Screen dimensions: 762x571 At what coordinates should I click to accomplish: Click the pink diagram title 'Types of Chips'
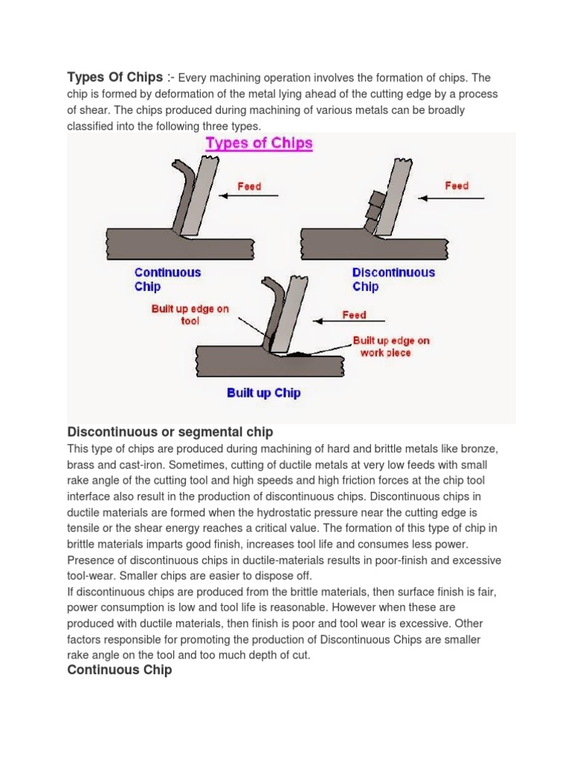tap(259, 143)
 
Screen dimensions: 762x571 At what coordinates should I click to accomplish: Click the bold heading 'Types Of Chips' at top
tap(114, 77)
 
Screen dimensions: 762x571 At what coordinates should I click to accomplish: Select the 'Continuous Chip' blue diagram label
tap(167, 279)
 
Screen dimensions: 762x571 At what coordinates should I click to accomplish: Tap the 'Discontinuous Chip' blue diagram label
tap(393, 279)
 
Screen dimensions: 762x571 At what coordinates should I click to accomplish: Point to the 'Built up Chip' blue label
tap(263, 393)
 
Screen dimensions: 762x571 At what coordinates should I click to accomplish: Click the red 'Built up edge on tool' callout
tap(190, 315)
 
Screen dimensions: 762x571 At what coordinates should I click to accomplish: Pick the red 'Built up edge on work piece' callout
tap(391, 346)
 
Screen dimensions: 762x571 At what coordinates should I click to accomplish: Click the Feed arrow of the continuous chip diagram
tap(249, 196)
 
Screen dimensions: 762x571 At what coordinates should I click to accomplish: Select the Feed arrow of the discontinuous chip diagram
tap(451, 197)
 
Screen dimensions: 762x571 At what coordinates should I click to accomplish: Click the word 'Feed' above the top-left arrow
tap(249, 186)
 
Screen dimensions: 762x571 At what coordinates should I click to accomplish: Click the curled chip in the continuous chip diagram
tap(180, 190)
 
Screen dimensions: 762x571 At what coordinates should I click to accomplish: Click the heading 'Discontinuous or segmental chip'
tap(170, 432)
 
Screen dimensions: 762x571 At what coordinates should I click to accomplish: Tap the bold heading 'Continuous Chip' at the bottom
tap(120, 670)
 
